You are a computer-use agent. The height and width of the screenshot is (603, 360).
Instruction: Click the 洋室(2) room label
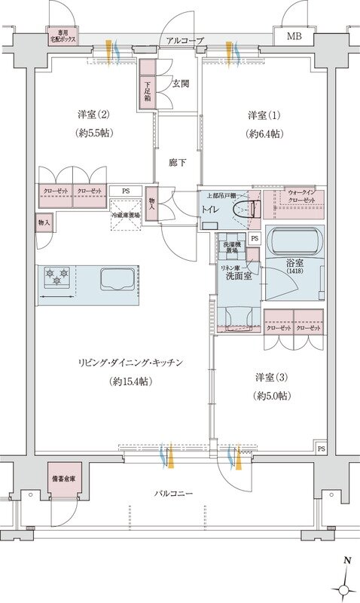point(94,115)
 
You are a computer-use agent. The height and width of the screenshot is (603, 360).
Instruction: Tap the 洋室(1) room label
point(266,115)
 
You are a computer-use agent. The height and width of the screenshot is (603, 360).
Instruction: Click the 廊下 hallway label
point(177,162)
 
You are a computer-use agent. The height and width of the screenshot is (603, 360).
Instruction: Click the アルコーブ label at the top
point(185,39)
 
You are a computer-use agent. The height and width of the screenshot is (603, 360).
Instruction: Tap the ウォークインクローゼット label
point(301,200)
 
